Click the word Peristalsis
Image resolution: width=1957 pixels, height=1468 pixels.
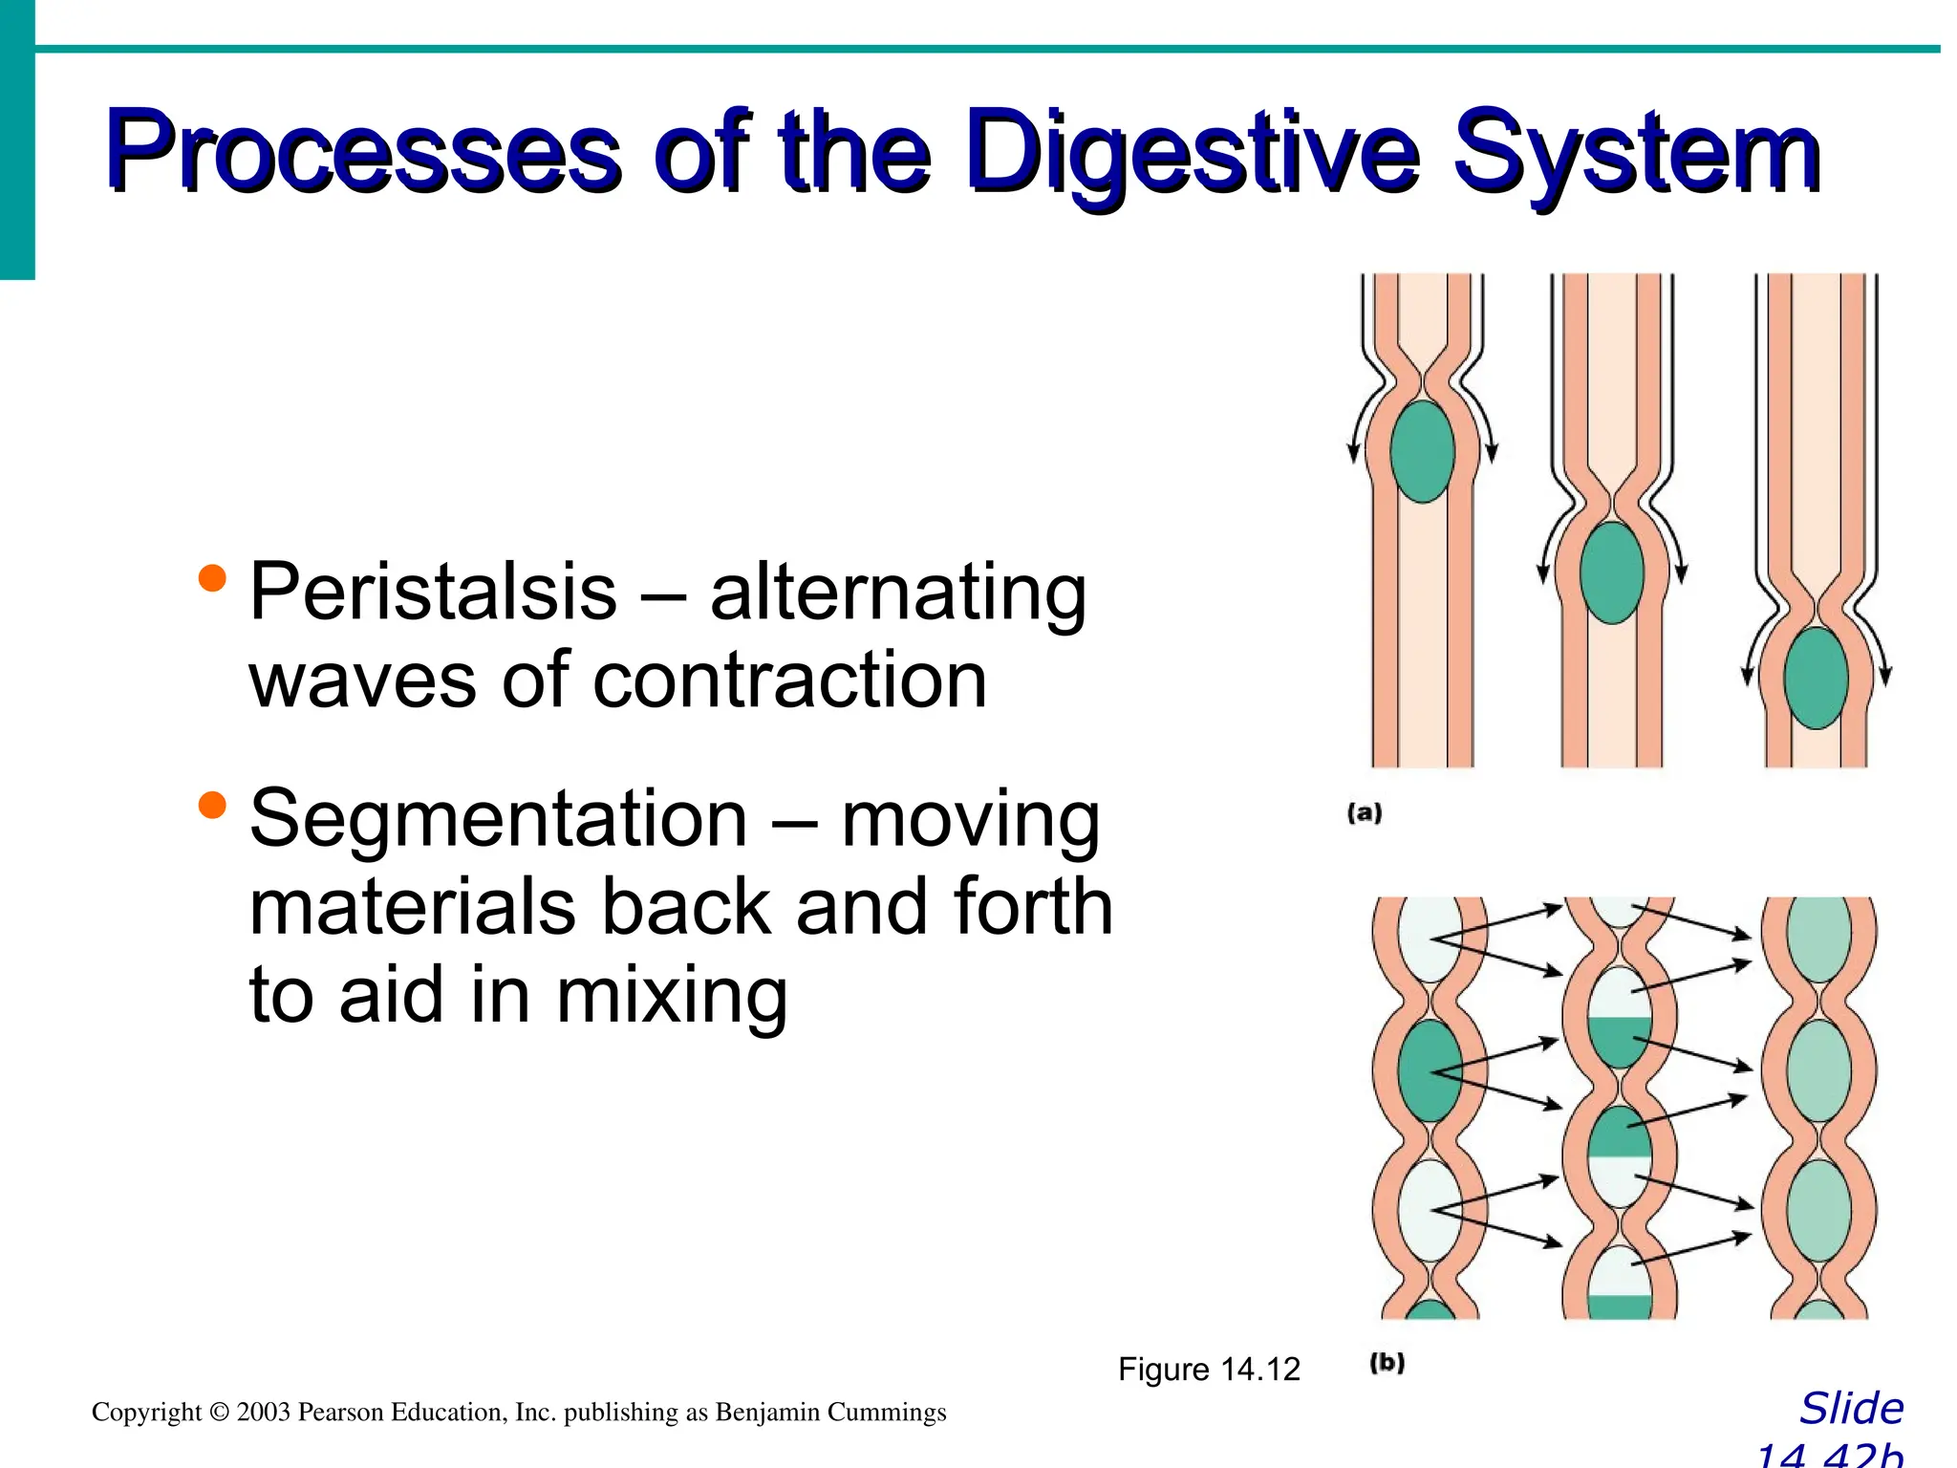[x=433, y=593]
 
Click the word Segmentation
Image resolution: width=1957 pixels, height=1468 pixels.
[x=498, y=819]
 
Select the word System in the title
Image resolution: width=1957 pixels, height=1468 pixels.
[x=1636, y=153]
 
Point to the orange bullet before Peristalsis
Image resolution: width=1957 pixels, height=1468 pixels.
[x=212, y=577]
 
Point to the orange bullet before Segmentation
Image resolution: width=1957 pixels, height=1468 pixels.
[x=212, y=805]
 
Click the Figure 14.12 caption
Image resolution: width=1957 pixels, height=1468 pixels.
[x=1209, y=1369]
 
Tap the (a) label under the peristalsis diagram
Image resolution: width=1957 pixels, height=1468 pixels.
[x=1365, y=813]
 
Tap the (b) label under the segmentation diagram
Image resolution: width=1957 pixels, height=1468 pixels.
[x=1387, y=1362]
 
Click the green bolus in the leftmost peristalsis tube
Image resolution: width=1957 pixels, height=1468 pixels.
[x=1422, y=451]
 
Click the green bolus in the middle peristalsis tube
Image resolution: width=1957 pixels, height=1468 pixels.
[x=1611, y=572]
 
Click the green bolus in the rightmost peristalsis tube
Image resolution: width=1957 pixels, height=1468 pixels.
[x=1816, y=678]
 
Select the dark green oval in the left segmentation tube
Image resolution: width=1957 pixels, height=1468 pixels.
[x=1430, y=1070]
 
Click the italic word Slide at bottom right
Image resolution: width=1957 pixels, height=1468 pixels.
[x=1851, y=1409]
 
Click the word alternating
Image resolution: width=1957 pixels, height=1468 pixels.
[x=898, y=593]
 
